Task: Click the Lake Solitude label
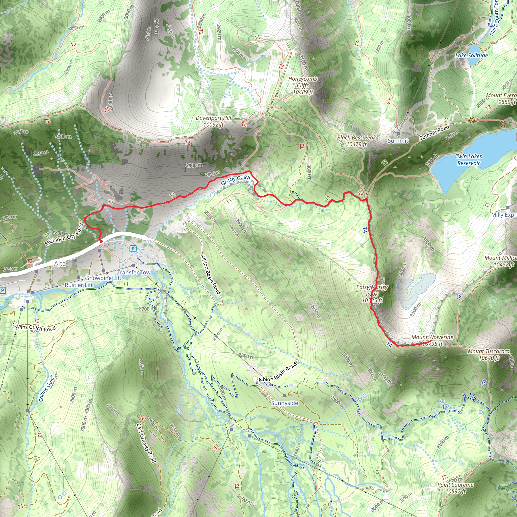point(472,55)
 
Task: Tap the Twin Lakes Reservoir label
point(469,160)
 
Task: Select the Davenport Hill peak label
point(213,121)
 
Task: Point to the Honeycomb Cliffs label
point(303,85)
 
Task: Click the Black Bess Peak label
point(356,141)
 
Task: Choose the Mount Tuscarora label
point(489,355)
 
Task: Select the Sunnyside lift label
point(285,403)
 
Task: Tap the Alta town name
point(60,264)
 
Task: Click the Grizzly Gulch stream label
point(236,180)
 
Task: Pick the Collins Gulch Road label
point(34,327)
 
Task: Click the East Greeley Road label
point(146,443)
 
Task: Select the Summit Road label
point(434,133)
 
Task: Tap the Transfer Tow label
point(134,272)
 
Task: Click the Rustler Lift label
point(79,285)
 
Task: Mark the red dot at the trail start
point(101,241)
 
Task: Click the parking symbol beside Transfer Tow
point(133,249)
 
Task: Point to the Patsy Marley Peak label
point(372,294)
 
